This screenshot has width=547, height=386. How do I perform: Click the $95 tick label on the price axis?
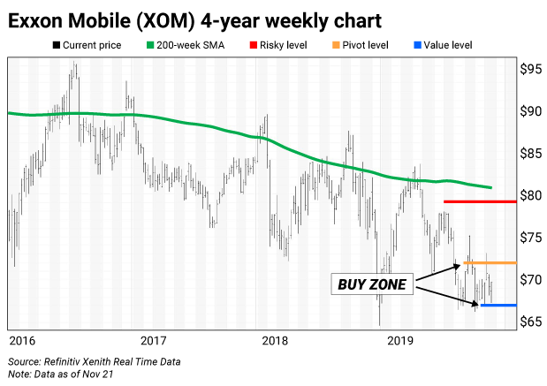[x=529, y=69]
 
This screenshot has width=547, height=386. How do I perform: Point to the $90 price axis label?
[x=529, y=111]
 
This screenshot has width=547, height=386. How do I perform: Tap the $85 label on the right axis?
[x=529, y=154]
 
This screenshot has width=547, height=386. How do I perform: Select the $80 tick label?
[x=529, y=195]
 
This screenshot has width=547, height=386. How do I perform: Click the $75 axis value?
[x=529, y=238]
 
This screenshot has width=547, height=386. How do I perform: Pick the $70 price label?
[x=529, y=280]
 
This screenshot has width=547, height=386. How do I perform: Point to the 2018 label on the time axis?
[x=276, y=340]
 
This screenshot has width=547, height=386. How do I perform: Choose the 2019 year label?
[x=400, y=340]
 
